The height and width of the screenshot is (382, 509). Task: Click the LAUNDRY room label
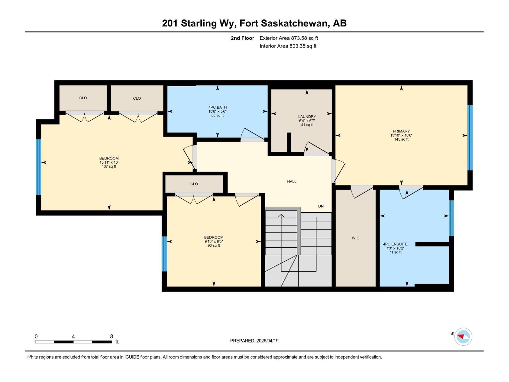tap(307, 117)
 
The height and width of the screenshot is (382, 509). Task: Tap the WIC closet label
tap(355, 238)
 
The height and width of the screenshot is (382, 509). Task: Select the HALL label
tap(291, 181)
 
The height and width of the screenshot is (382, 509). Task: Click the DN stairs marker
tap(321, 206)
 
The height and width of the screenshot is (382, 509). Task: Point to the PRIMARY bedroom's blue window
tap(470, 138)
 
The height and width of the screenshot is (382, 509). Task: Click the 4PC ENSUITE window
tap(451, 218)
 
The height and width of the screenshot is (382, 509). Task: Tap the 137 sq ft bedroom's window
tap(38, 167)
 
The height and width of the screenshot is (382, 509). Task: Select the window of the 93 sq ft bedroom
tap(164, 253)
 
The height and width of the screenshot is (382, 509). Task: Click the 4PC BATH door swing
tap(253, 135)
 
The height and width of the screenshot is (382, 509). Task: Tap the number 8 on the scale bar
tap(111, 336)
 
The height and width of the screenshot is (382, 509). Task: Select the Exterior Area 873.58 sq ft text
tap(289, 38)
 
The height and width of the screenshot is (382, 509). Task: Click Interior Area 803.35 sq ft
tap(288, 46)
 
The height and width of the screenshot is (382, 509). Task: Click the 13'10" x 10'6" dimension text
tap(401, 135)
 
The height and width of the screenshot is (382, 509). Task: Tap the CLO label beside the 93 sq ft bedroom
tap(194, 184)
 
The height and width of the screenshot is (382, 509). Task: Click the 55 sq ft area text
tap(217, 116)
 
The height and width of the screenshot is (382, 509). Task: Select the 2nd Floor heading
tap(242, 38)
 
